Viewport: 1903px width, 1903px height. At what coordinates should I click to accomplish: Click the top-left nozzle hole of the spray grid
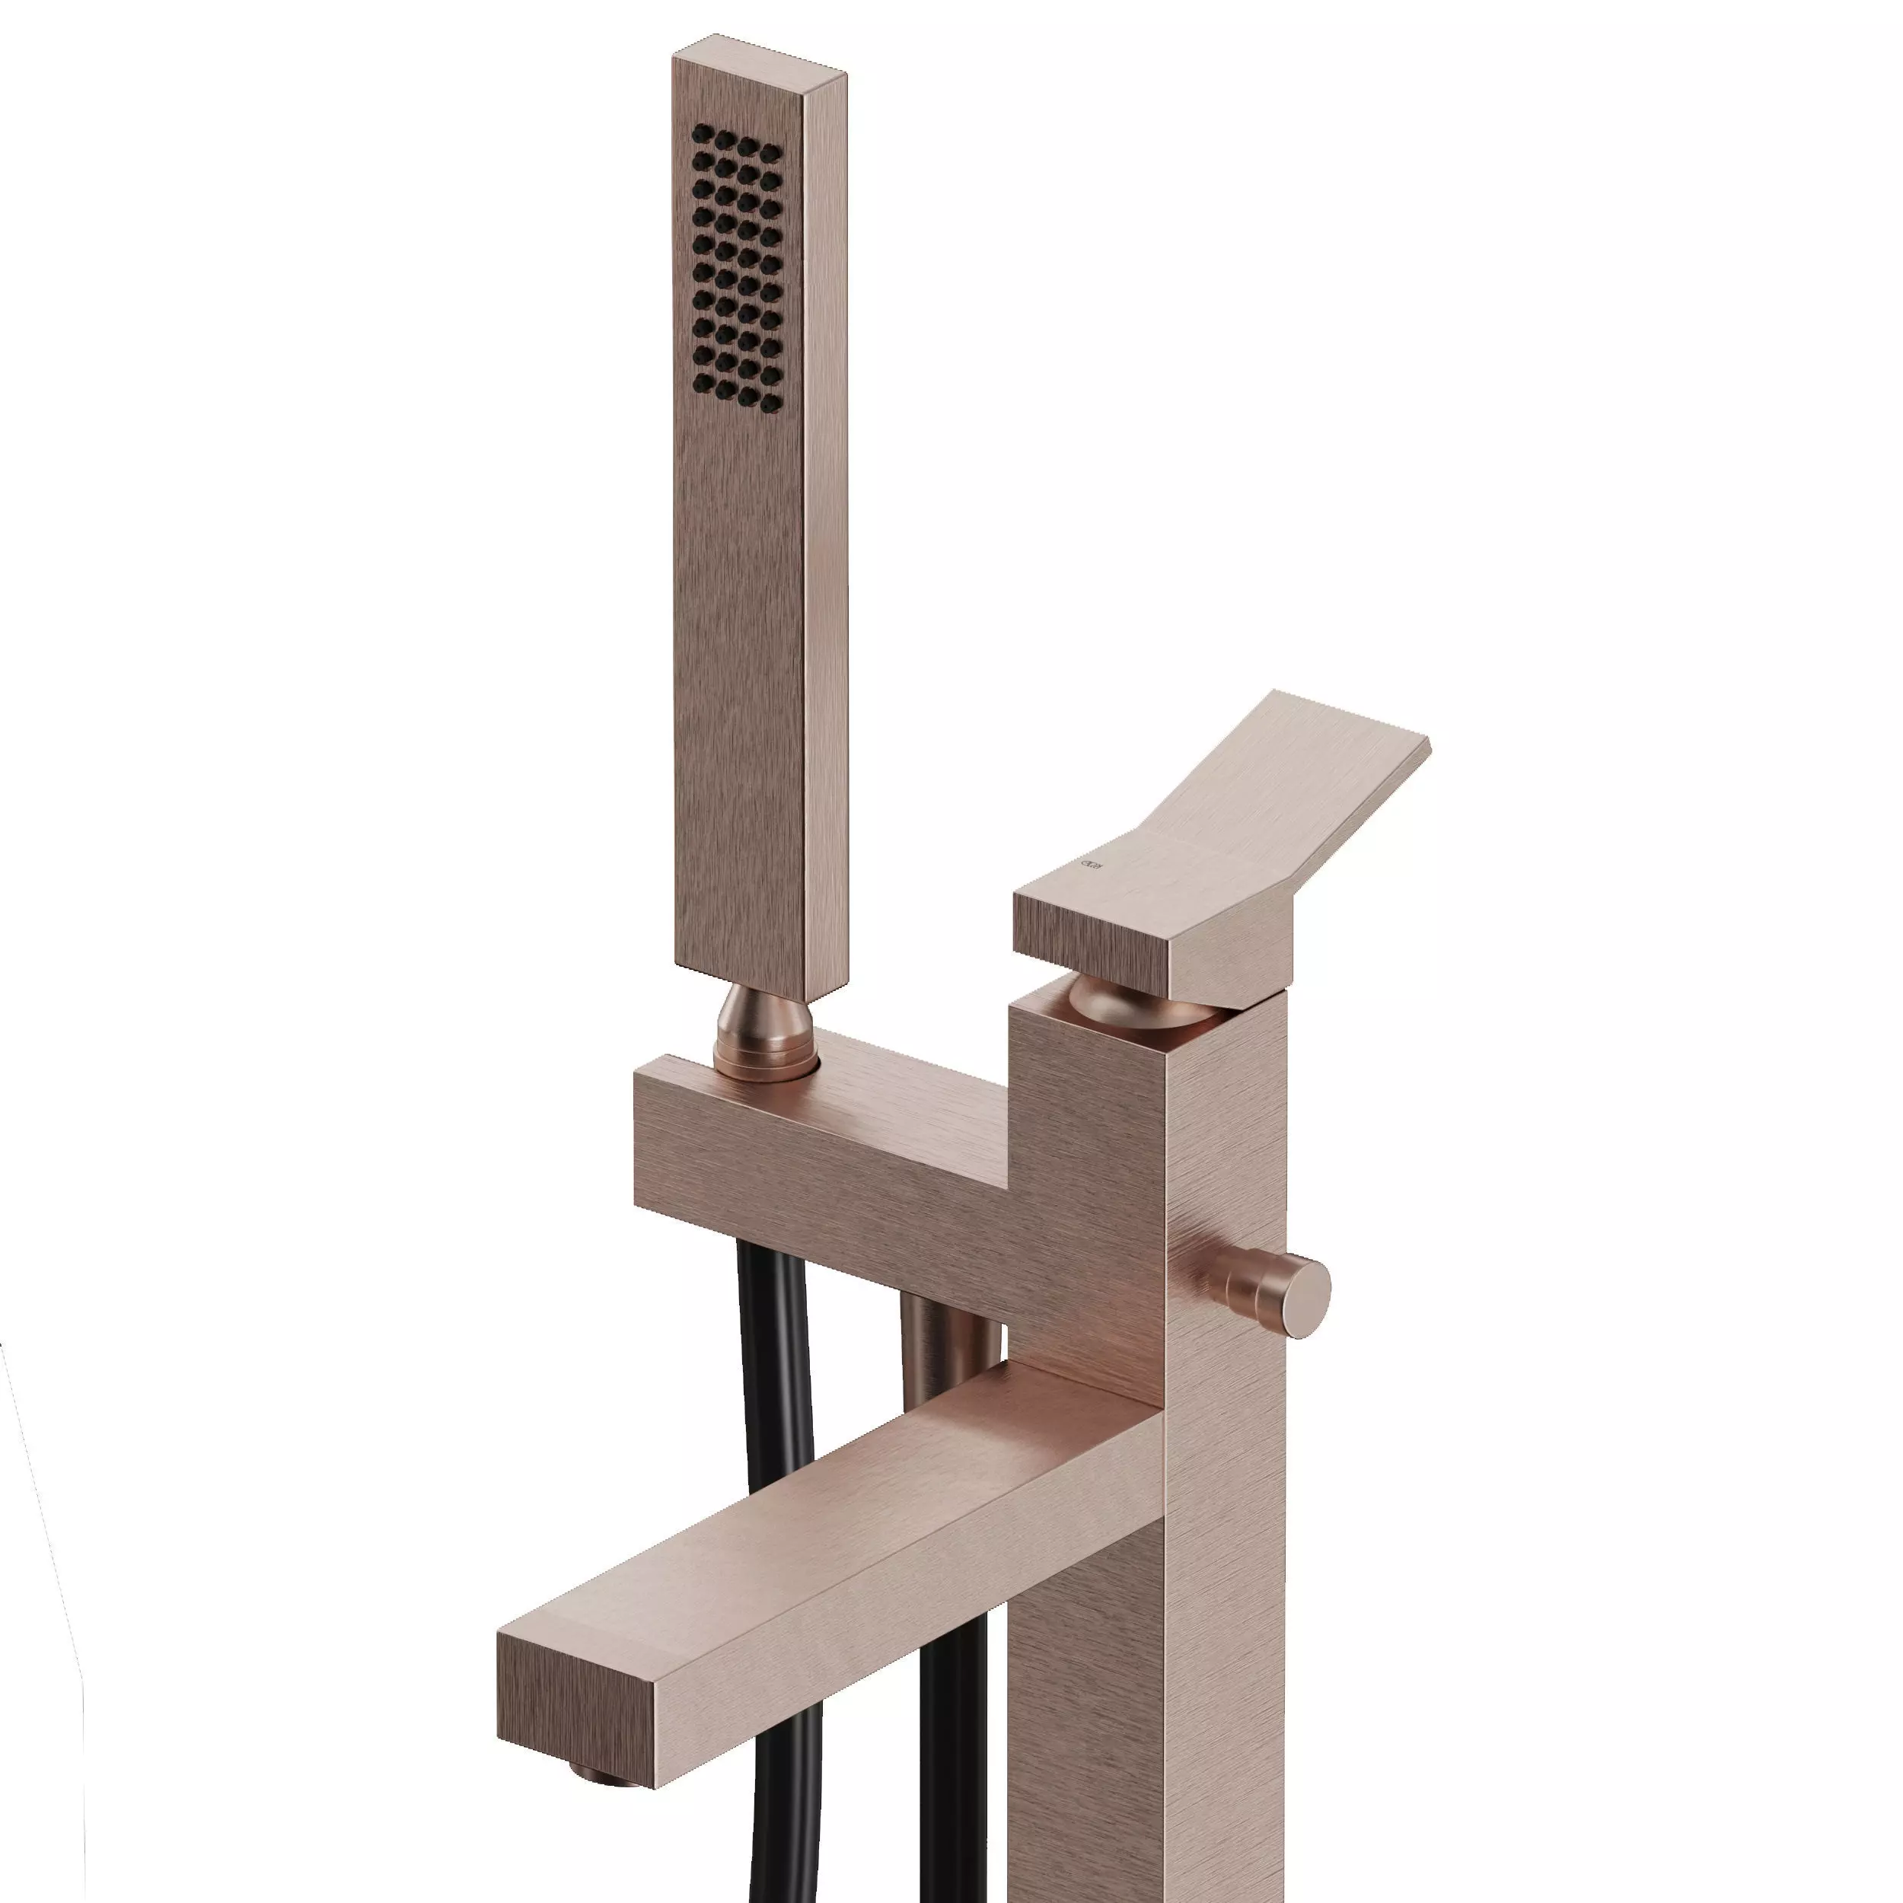700,133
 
